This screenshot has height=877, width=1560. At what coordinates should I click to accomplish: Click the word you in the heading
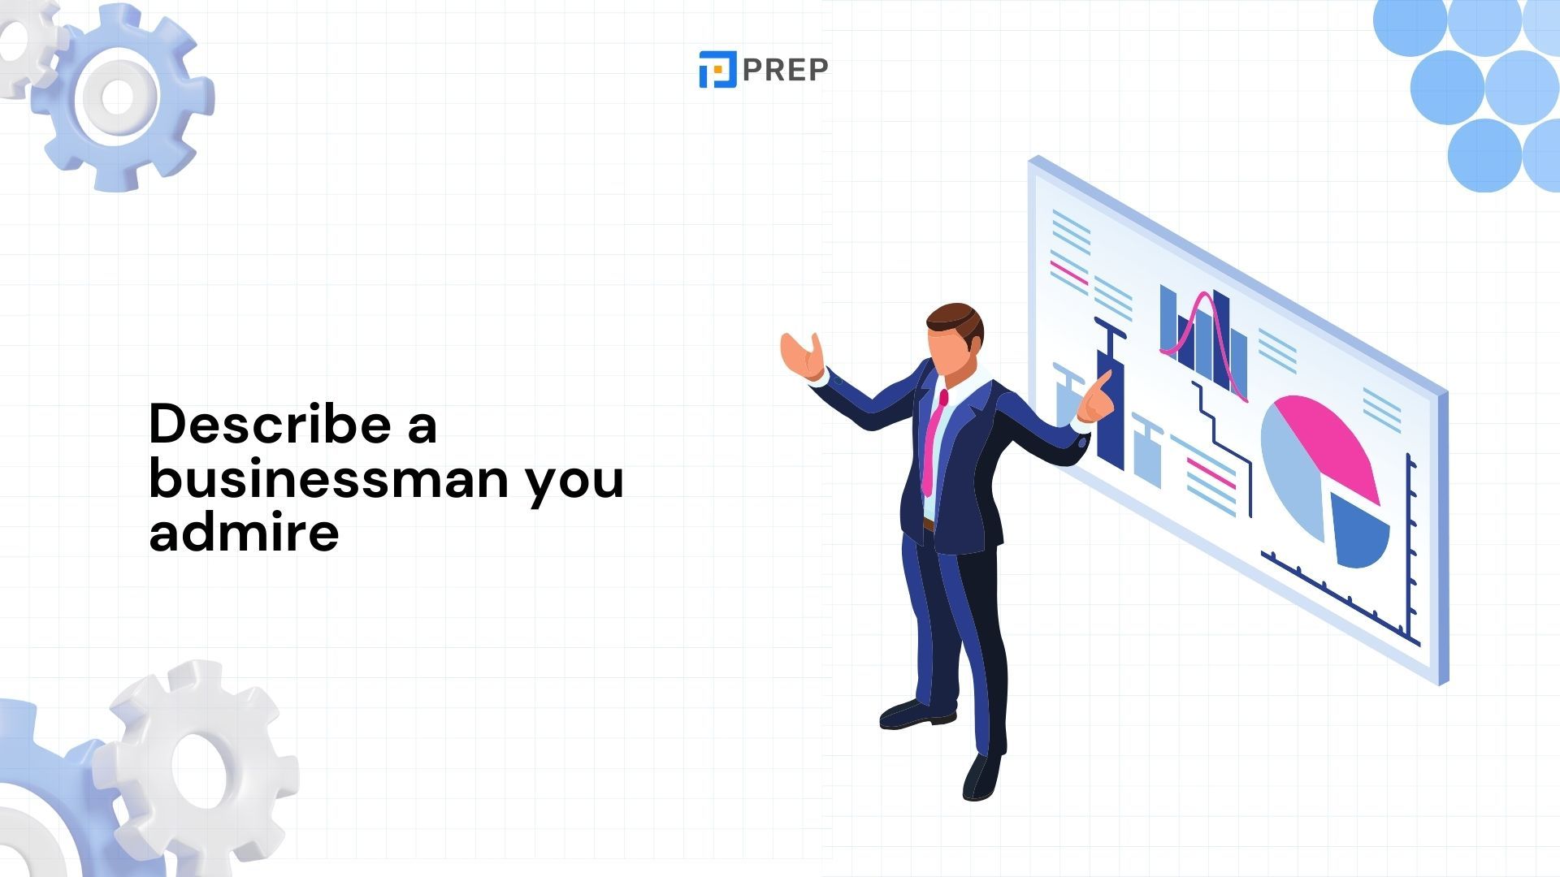tap(574, 484)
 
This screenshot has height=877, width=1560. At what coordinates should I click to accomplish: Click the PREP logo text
tap(785, 70)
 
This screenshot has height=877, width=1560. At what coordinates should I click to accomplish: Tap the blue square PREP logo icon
tap(717, 69)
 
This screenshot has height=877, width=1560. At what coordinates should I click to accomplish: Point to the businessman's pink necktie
tap(933, 443)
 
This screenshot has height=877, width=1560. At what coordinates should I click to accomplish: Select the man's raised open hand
tap(802, 356)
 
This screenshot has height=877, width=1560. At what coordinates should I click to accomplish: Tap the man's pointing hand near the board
tap(1095, 398)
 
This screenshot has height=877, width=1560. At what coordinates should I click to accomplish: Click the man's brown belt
tap(929, 525)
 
